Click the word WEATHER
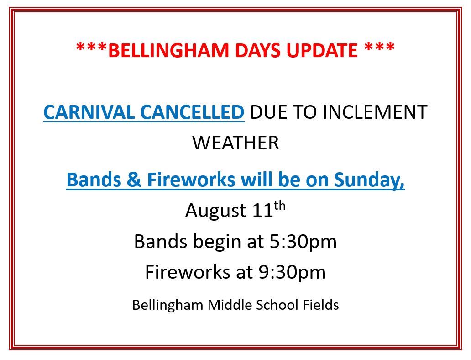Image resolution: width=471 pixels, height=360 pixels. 235,143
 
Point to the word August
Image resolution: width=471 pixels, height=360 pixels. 216,211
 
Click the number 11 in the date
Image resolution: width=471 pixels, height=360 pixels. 262,211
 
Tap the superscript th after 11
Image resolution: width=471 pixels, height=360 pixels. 279,206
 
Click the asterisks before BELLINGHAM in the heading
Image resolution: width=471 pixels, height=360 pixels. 92,48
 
